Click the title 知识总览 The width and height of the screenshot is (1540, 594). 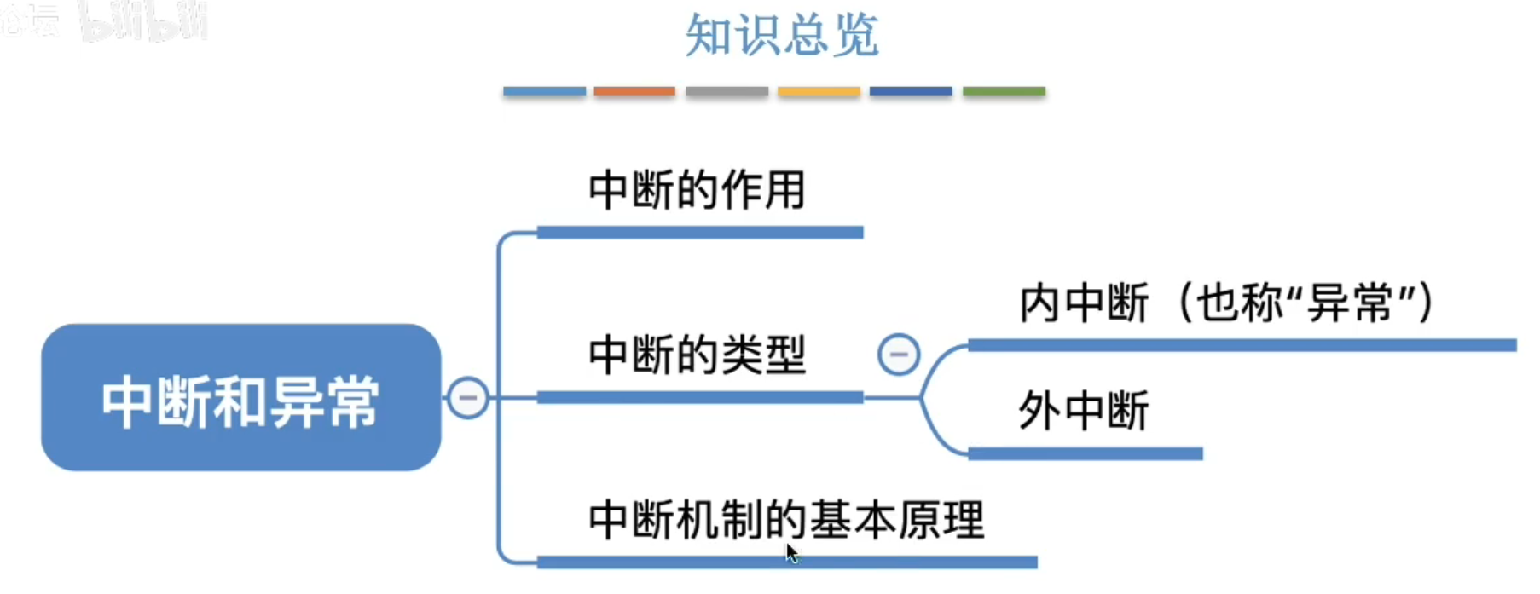781,36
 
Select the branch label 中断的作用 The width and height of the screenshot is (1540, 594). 697,189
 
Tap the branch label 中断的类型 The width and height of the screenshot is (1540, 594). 697,355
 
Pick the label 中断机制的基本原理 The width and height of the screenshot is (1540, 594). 786,519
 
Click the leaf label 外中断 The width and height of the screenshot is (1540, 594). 1084,411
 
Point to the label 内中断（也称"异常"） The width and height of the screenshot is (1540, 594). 1227,303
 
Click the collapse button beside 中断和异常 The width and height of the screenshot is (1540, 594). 468,398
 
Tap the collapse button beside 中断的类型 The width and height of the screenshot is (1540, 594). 899,355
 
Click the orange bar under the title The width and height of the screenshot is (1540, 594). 634,91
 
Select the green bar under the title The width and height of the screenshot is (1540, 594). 1004,91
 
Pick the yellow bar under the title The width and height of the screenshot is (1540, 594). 819,91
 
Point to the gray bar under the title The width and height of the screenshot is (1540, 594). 727,91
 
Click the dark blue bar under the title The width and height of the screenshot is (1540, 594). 911,91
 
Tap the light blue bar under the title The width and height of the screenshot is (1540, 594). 544,91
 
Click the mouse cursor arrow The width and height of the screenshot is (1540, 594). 792,553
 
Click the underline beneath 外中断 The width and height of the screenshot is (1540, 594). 1085,454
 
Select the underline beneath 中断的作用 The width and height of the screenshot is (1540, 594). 700,232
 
